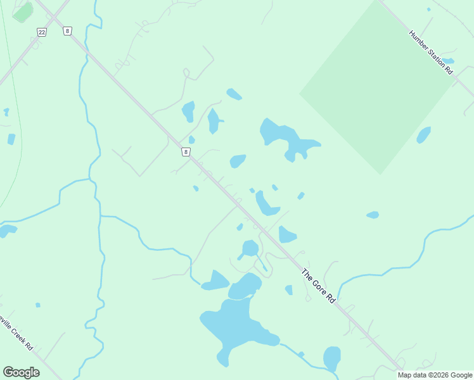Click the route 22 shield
pyautogui.click(x=42, y=32)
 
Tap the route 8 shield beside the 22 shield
pyautogui.click(x=67, y=30)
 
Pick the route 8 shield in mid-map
pyautogui.click(x=186, y=152)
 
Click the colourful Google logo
pyautogui.click(x=21, y=372)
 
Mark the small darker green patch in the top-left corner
pyautogui.click(x=23, y=12)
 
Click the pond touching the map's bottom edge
pyautogui.click(x=332, y=358)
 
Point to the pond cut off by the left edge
pyautogui.click(x=6, y=231)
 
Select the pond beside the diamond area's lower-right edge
pyautogui.click(x=423, y=135)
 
